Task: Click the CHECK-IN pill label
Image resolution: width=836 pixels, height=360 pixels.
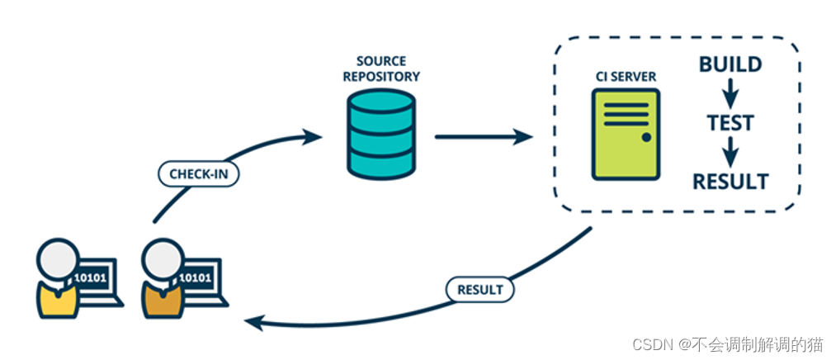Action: [x=198, y=175]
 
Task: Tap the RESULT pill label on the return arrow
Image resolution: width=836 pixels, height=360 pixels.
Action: [x=479, y=290]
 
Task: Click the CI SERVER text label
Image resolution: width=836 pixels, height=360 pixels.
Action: [x=626, y=77]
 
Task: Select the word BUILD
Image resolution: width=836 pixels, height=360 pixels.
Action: [x=730, y=64]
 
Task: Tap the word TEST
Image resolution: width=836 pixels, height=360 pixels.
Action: [x=730, y=123]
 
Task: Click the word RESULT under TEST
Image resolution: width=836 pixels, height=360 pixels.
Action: [x=730, y=181]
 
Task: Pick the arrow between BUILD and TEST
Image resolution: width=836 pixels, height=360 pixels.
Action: [x=730, y=92]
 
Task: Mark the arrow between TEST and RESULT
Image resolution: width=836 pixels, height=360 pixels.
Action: [x=730, y=151]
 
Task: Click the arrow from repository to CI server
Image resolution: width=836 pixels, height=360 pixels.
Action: [x=484, y=136]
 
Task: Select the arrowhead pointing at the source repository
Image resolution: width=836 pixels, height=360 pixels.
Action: [x=312, y=135]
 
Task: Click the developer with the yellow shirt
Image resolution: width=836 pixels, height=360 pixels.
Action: [x=58, y=281]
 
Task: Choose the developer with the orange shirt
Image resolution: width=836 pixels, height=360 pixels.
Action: [x=163, y=281]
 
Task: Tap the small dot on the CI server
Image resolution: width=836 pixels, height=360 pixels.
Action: [x=646, y=137]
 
